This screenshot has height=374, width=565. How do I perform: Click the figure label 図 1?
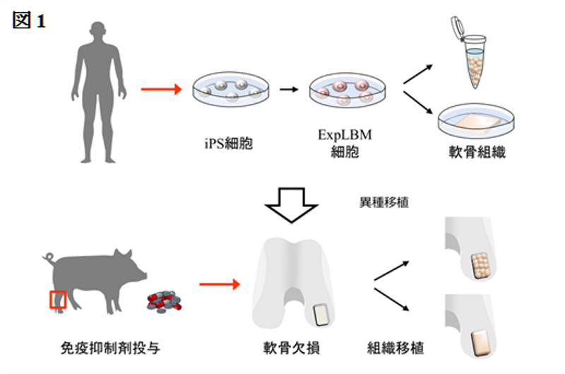coord(29,21)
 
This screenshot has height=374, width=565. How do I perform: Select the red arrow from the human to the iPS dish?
coord(161,89)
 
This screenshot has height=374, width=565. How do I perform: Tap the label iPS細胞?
coord(229,144)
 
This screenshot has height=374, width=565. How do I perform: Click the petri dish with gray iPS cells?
coord(231,89)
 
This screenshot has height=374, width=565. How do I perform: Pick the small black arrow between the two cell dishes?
coord(289,90)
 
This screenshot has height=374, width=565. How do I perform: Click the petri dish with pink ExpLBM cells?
coord(347,90)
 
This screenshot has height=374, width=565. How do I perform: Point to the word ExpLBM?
coord(345,134)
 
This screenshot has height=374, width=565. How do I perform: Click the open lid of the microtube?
coord(457,28)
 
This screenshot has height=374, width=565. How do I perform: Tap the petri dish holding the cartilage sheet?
coord(476,121)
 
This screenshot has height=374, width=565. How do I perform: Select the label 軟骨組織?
coord(477,152)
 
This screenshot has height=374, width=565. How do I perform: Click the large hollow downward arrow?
coord(292,204)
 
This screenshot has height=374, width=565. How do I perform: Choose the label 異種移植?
coord(384,202)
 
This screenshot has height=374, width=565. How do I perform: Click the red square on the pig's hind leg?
coord(58,300)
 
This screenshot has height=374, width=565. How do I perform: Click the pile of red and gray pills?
coord(164,301)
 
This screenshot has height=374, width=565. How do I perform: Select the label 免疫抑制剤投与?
coord(110,348)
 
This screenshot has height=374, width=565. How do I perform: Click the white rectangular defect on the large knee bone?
coord(321,315)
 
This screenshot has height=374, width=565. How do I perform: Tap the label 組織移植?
coord(395,348)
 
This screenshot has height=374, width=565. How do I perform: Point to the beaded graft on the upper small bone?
coord(480,265)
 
